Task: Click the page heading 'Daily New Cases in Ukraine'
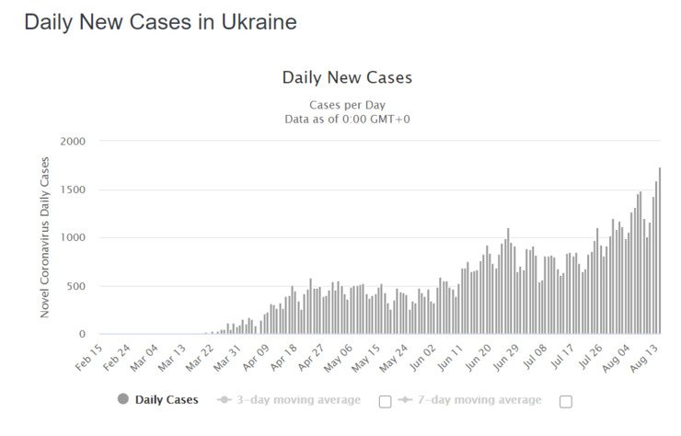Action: pos(160,22)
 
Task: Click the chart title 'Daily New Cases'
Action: pos(347,77)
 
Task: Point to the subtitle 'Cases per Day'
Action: pos(347,104)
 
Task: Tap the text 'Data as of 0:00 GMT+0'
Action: pos(347,119)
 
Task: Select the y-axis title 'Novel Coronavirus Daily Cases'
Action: pos(45,237)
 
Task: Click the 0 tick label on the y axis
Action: pos(82,335)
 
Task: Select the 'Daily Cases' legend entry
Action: pos(160,400)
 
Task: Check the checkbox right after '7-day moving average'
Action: pos(566,401)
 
